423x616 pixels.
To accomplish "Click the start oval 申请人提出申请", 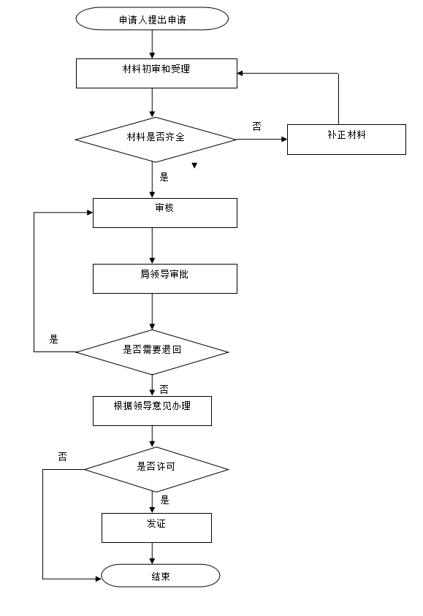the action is pos(152,18).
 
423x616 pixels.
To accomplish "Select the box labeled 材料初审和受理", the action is pos(156,74).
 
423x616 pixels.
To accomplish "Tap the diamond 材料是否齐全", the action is pos(156,140).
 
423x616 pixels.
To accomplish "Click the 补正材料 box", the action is pos(346,140).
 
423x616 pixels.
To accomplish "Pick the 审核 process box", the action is pos(165,213).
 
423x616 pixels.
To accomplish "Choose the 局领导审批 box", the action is pos(165,278).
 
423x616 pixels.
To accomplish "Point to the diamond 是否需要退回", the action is pos(152,352).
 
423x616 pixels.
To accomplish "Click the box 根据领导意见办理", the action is pos(152,411).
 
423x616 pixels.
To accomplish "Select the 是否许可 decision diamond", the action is pos(156,469).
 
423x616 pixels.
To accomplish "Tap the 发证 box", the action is pos(157,528).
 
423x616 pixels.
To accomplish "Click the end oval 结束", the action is pos(161,576).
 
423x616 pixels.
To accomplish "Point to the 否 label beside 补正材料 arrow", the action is pos(257,126).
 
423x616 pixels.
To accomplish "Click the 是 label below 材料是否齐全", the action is pos(164,177).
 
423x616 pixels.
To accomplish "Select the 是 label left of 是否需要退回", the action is pos(54,340).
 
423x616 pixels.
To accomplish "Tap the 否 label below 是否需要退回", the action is pos(164,389).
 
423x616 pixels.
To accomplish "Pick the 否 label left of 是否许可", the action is pos(62,457).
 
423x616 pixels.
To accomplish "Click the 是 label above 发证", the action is pos(165,500).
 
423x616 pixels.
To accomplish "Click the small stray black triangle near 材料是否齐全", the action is pos(194,165).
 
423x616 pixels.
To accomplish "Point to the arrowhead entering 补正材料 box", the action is pos(284,139).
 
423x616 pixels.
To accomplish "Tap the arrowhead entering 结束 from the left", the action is pos(98,579).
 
